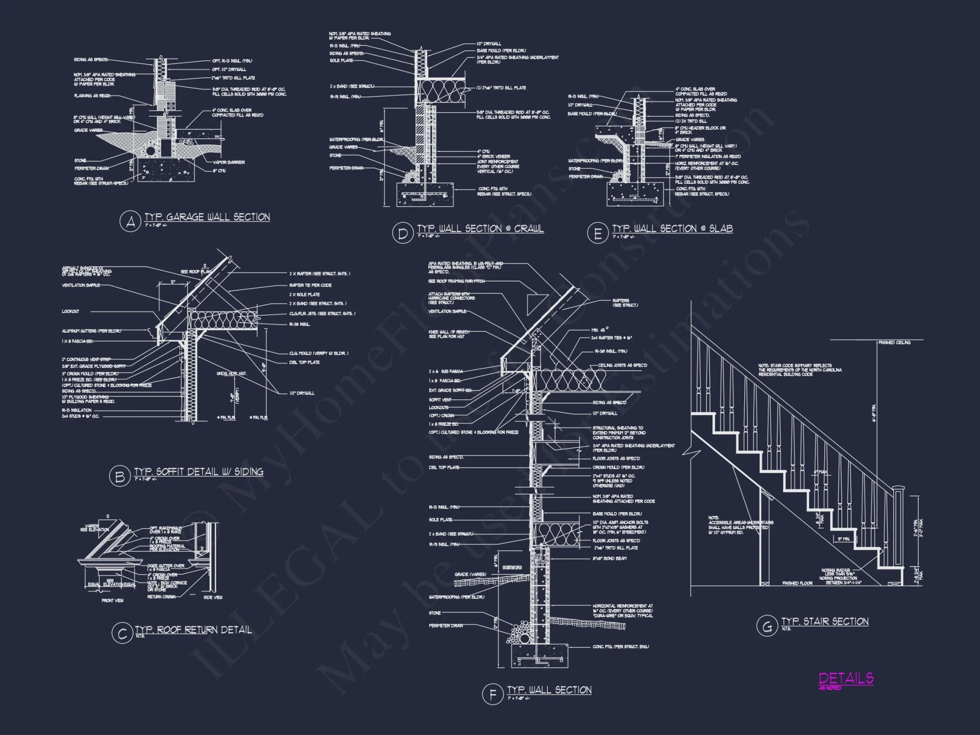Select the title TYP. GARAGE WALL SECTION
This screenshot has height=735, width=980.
pyautogui.click(x=207, y=217)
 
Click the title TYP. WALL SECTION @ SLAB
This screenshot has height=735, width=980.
pyautogui.click(x=672, y=229)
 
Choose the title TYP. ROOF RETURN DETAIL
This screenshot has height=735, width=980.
pyautogui.click(x=193, y=630)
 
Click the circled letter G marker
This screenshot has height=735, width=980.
pyautogui.click(x=767, y=627)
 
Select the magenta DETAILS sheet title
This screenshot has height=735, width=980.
pyautogui.click(x=846, y=678)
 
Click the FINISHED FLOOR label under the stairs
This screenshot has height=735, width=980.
pyautogui.click(x=797, y=583)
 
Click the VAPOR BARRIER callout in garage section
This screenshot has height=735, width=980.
pyautogui.click(x=229, y=162)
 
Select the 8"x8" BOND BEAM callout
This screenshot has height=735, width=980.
pyautogui.click(x=610, y=559)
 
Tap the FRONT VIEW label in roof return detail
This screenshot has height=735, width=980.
pyautogui.click(x=112, y=600)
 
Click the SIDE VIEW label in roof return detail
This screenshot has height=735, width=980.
pyautogui.click(x=213, y=597)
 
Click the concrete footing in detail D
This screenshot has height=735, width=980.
pyautogui.click(x=424, y=195)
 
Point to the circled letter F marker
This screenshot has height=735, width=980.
pyautogui.click(x=492, y=695)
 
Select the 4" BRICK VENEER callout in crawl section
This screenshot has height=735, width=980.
pyautogui.click(x=493, y=156)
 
